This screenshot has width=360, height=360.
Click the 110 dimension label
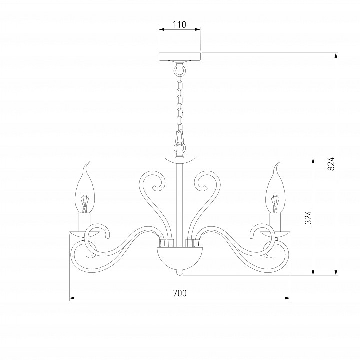pos(180,25)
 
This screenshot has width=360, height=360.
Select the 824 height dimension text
pos(331,164)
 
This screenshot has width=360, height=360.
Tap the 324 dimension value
pos(309,218)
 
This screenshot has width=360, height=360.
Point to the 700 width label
pos(180,293)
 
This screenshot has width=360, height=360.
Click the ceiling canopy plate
pos(180,56)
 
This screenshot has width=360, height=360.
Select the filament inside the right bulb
pos(275,204)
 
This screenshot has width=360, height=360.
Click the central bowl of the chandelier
pos(180,258)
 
